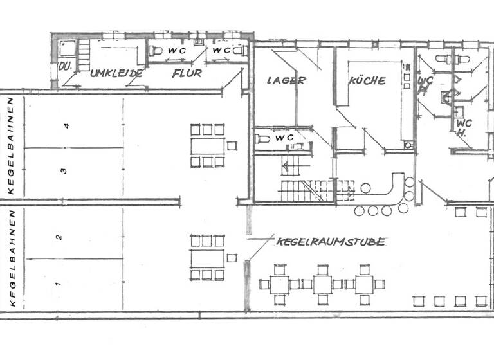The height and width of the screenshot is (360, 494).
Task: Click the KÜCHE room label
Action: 367,81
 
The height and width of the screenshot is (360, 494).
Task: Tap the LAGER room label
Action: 285,81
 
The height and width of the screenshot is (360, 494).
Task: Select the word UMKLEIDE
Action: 116,73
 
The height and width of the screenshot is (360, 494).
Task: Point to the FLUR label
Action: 187,73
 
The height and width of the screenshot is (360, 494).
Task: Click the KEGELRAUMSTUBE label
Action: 331,242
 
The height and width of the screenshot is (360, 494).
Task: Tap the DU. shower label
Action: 64,66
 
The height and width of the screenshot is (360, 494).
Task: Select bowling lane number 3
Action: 63,170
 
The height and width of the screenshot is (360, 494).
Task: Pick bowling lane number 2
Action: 59,237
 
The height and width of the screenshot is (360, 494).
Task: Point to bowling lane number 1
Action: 57,283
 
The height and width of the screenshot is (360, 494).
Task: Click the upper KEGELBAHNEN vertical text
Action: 11,145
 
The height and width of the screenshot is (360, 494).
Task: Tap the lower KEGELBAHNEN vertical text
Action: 11,257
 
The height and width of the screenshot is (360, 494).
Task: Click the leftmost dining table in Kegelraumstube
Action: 279,283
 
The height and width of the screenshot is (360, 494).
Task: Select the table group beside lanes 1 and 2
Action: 207,258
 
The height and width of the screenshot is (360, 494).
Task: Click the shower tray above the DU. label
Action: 66,47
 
